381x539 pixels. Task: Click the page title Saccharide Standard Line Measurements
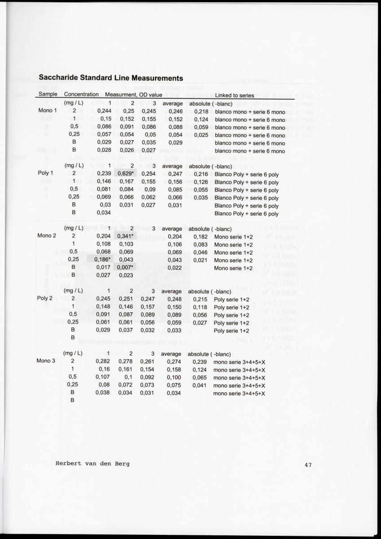[111, 78]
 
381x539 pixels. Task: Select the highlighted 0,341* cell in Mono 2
[127, 237]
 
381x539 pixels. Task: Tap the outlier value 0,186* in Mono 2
[103, 260]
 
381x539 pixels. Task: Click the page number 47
[308, 465]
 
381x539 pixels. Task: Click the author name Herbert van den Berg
[92, 464]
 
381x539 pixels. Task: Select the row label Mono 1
[48, 111]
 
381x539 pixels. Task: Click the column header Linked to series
[234, 95]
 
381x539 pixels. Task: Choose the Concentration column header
[81, 95]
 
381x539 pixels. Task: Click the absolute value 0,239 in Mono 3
[200, 362]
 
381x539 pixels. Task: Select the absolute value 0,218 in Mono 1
[201, 111]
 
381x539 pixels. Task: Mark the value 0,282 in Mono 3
[104, 361]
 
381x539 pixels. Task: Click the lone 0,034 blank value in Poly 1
[104, 213]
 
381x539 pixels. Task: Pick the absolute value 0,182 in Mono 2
[201, 237]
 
